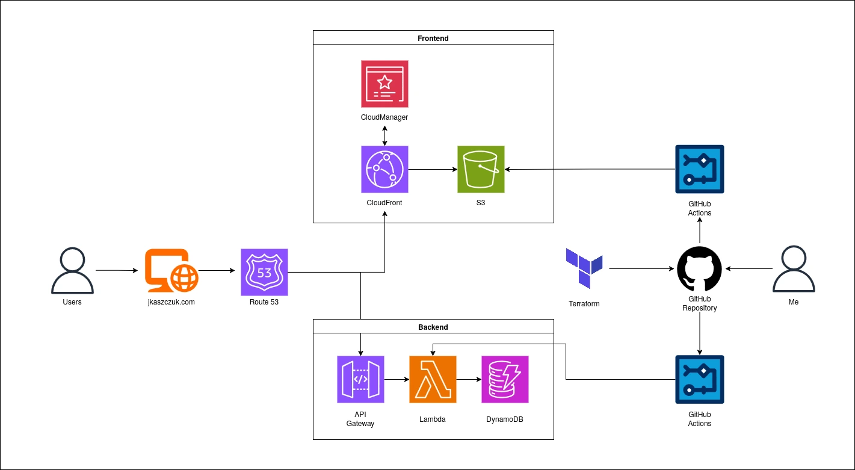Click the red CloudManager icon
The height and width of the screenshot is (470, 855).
tap(384, 84)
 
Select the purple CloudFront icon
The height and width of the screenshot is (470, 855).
tap(384, 169)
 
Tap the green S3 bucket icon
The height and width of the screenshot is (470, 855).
tap(481, 169)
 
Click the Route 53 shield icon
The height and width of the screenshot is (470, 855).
tap(264, 272)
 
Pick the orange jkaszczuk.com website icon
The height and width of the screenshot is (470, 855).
tap(171, 271)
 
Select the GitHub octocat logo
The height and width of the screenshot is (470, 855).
tap(699, 268)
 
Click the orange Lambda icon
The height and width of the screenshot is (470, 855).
tap(433, 379)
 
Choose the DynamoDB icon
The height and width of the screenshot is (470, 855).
tap(505, 379)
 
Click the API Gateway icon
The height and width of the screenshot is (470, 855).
tap(360, 379)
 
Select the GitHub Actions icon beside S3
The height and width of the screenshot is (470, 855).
tap(699, 169)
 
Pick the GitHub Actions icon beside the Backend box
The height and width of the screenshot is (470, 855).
tap(699, 379)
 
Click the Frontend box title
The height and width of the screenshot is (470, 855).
tap(433, 38)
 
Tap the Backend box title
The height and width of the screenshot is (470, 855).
tap(433, 327)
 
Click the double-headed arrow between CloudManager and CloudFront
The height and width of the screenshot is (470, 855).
tap(384, 135)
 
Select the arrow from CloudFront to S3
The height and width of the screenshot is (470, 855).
tap(432, 169)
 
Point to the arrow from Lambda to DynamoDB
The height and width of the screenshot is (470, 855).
tap(468, 380)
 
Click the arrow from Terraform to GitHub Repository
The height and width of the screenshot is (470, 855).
tap(641, 268)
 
